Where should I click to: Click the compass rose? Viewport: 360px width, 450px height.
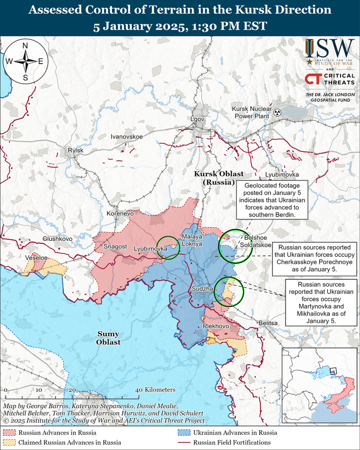[25, 61]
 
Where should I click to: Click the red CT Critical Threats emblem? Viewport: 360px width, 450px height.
[312, 79]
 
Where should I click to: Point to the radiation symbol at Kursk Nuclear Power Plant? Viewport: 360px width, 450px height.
[277, 112]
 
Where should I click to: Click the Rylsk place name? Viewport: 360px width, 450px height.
[76, 150]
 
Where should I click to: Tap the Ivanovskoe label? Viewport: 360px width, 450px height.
[126, 137]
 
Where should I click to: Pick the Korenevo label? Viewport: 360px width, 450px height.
[120, 214]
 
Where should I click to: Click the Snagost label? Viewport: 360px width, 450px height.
[115, 247]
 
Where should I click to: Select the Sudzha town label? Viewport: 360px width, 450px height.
[202, 289]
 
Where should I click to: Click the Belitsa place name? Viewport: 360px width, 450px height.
[268, 323]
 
